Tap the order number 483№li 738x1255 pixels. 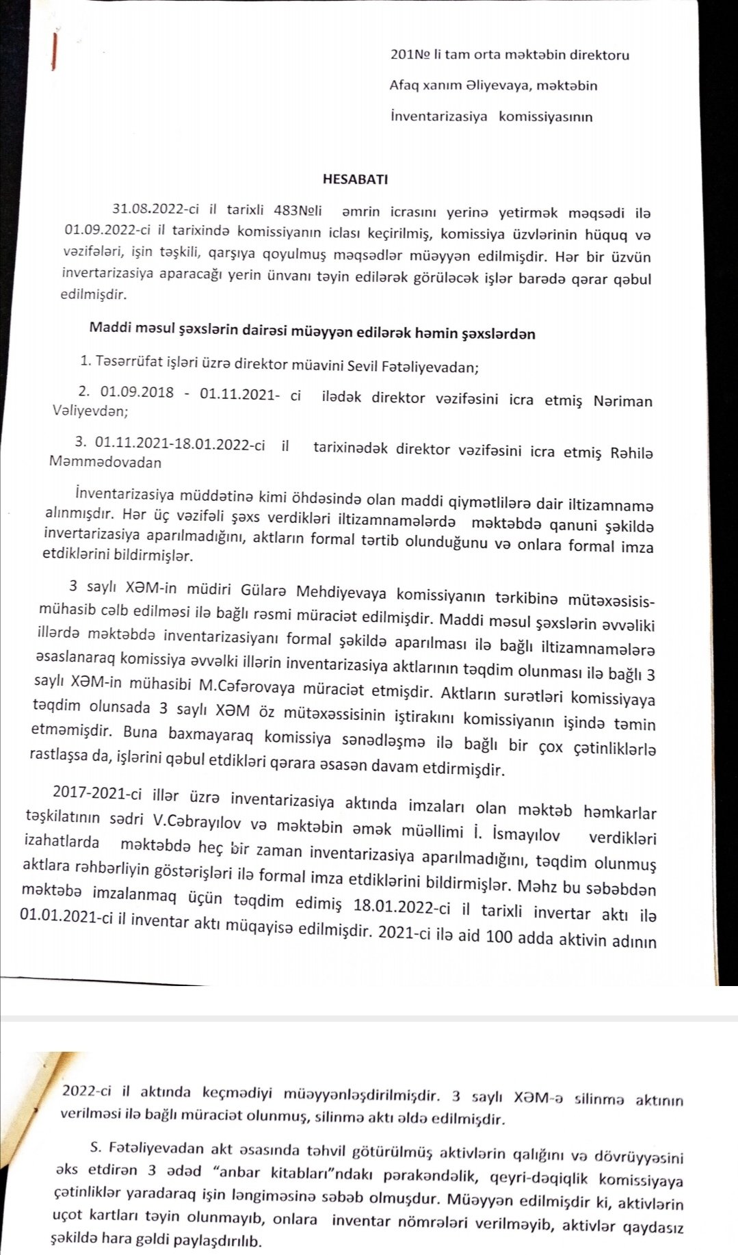point(298,210)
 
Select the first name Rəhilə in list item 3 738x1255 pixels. point(626,452)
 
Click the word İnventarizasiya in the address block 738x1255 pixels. point(438,116)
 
